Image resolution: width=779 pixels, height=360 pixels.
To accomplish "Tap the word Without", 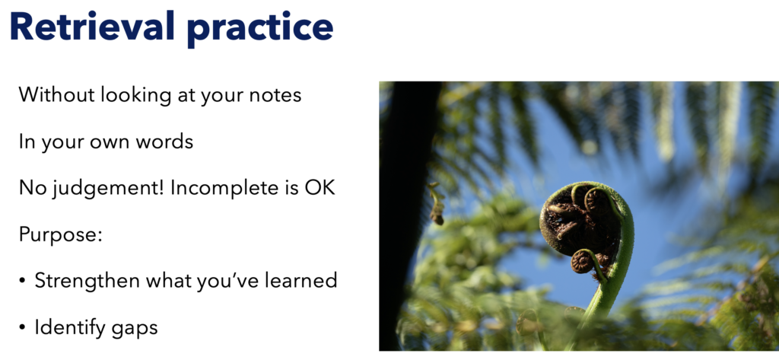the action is point(56,94).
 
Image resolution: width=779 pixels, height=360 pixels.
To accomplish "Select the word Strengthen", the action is point(87,282).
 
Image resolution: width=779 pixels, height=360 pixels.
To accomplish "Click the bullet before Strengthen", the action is point(22,282).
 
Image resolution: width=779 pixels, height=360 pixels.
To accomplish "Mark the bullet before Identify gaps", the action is point(22,329).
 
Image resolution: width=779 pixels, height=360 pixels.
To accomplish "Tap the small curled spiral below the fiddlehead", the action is point(582,262).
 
